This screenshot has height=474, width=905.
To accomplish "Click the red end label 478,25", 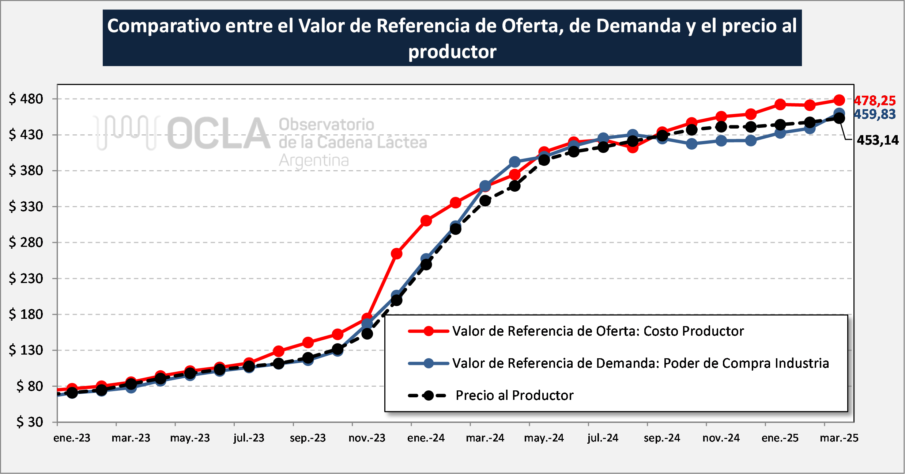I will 875,100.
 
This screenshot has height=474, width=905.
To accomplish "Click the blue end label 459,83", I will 875,114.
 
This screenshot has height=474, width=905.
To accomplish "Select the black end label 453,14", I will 878,140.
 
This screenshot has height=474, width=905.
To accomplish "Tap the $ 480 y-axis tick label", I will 26,99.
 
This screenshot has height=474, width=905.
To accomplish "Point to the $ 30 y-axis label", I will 30,422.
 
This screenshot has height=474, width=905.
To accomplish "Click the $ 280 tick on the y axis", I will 26,242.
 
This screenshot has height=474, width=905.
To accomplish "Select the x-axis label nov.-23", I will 367,438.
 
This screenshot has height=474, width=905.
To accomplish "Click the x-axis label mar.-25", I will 839,438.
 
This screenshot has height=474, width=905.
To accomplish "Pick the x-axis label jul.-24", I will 603,438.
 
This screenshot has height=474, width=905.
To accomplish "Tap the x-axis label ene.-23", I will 72,438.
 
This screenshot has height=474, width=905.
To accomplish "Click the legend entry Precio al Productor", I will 514,395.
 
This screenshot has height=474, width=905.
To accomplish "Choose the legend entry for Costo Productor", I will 597,331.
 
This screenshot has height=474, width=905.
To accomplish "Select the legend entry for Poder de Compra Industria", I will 640,363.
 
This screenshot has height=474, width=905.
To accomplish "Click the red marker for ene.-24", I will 426,221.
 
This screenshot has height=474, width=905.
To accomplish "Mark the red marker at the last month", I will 839,100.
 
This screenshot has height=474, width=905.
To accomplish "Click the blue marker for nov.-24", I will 721,141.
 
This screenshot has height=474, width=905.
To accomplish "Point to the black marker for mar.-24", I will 485,200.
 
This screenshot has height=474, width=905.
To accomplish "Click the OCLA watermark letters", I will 219,134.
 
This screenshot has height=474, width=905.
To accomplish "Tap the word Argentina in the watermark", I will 314,160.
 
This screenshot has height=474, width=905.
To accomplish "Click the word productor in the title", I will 452,51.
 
